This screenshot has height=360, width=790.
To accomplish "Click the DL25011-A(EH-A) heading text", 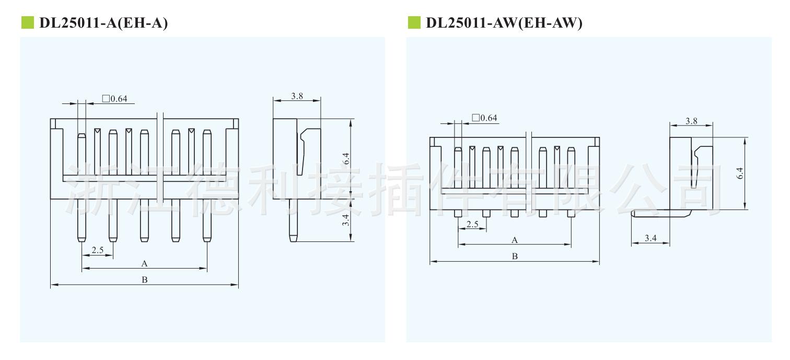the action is pos(103,23).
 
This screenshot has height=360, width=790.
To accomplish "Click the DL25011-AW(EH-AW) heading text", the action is pos(504,23).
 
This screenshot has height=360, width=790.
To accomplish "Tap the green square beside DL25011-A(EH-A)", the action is pos(28,22).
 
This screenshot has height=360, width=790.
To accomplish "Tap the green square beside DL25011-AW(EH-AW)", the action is pos(414,22).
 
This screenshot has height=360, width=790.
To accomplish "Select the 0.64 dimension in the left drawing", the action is pos(114,99).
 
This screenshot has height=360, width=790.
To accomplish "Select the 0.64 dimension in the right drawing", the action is pos(484,118).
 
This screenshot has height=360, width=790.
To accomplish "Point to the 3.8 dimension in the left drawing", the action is pos(297,96).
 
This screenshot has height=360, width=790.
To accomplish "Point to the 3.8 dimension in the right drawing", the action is pos(691,121).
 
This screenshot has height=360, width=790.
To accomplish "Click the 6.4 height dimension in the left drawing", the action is pos(346,159).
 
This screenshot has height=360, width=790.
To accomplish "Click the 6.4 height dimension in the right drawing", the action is pos(740,173).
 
